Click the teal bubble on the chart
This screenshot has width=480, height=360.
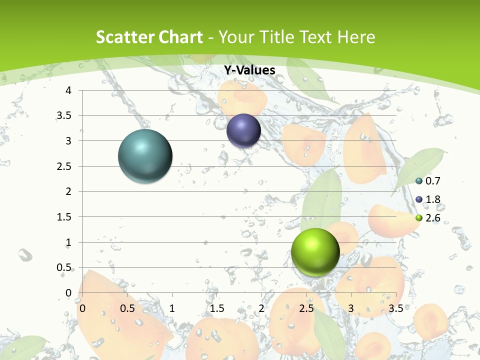click(145, 156)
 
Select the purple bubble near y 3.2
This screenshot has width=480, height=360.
click(243, 130)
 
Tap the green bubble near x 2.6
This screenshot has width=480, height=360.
click(315, 252)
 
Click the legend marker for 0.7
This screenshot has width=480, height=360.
click(419, 181)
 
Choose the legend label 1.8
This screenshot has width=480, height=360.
click(432, 199)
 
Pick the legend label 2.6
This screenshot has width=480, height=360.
click(432, 218)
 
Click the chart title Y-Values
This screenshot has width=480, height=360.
click(249, 70)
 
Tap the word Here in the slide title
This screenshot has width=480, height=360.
click(356, 37)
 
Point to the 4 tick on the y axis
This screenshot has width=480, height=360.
click(68, 90)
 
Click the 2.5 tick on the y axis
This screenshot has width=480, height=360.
click(64, 166)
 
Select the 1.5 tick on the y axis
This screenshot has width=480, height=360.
click(64, 217)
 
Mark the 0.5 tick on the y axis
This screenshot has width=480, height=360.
click(64, 267)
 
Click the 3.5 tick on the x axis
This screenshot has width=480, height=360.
click(395, 308)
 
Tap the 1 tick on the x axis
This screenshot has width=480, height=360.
click(172, 308)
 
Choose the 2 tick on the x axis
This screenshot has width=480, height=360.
click(261, 308)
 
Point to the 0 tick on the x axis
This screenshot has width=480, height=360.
click(82, 308)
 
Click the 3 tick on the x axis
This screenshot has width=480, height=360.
click(351, 308)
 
